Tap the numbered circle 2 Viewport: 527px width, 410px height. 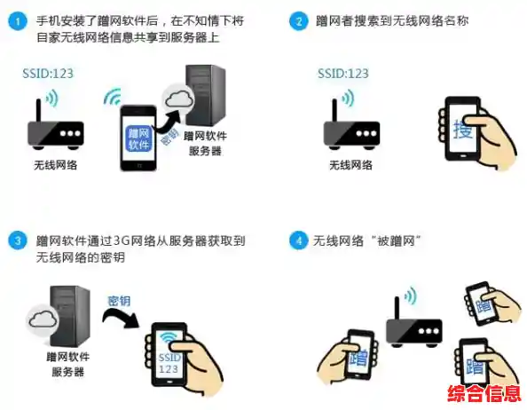tap(299, 21)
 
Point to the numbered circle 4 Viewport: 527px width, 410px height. tap(299, 240)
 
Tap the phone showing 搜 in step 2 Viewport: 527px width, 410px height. tap(462, 130)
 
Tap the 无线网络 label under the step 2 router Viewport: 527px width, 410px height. tap(350, 165)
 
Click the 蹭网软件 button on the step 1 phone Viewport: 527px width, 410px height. tap(139, 138)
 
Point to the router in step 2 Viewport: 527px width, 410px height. tap(350, 130)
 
